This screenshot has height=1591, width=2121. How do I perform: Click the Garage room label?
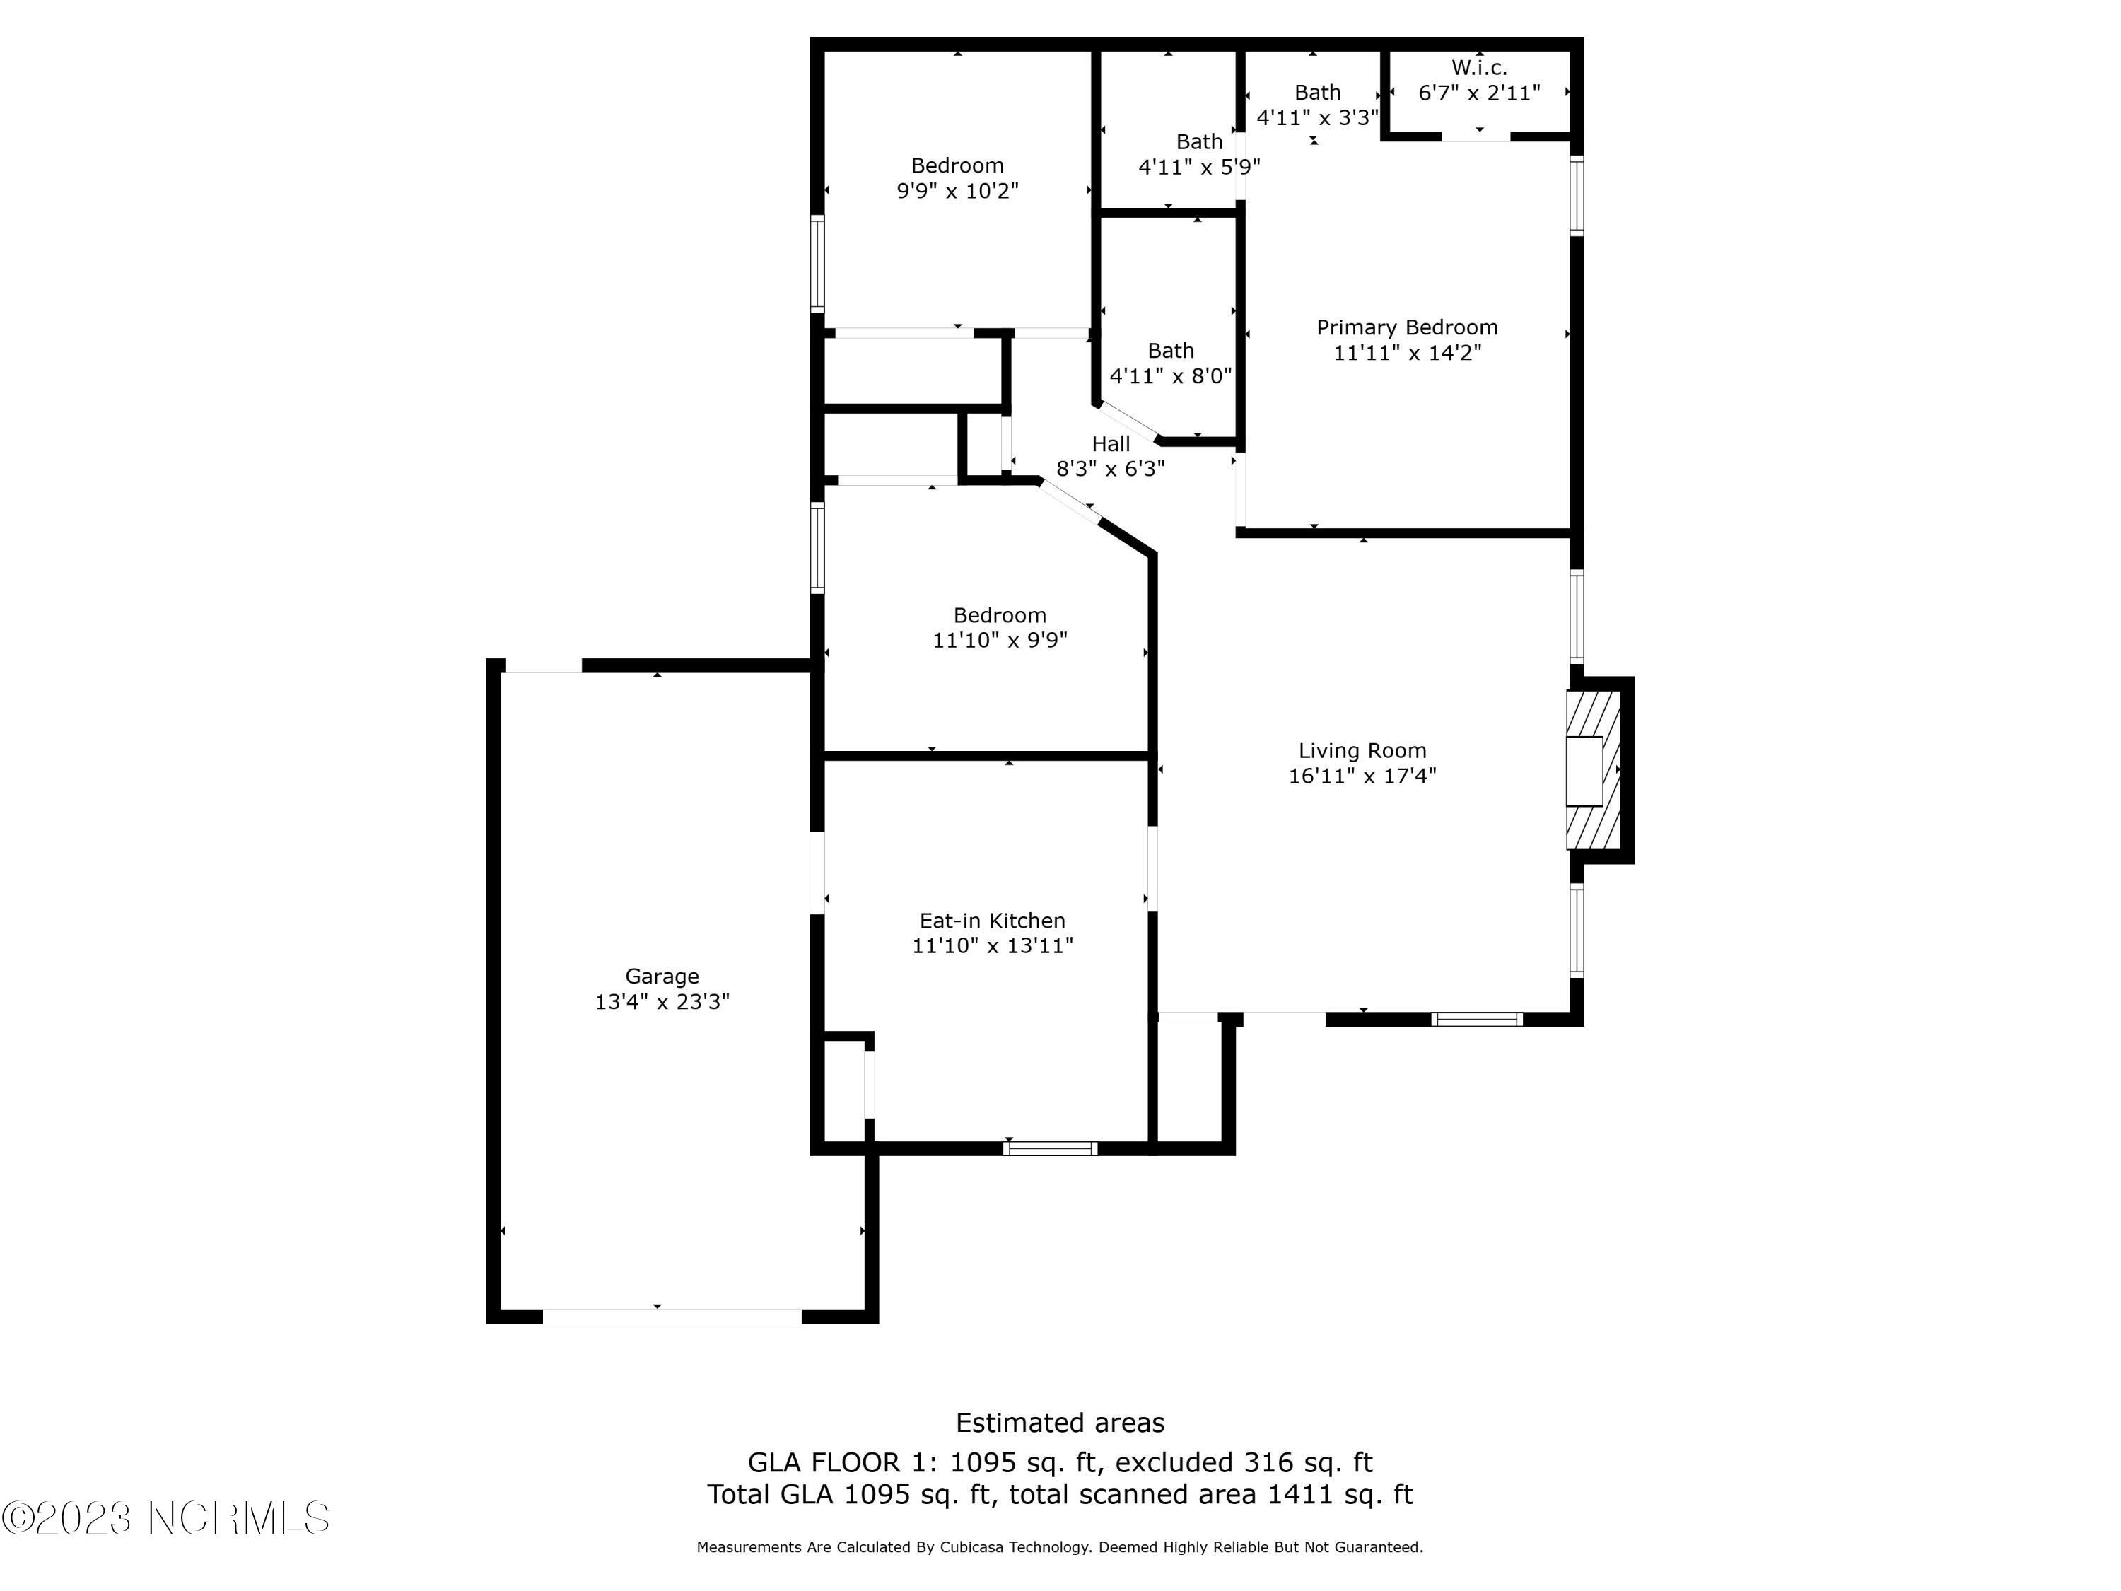pyautogui.click(x=662, y=977)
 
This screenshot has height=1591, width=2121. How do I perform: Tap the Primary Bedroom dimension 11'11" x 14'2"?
pyautogui.click(x=1407, y=353)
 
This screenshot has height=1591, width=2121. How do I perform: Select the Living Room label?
pyautogui.click(x=1362, y=751)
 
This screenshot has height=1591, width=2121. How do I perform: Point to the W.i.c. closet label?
pyautogui.click(x=1478, y=68)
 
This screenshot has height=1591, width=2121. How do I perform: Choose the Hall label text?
pyautogui.click(x=1111, y=444)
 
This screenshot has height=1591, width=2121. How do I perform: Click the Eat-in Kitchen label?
pyautogui.click(x=991, y=921)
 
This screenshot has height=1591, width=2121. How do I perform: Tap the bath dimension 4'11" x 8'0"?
pyautogui.click(x=1170, y=376)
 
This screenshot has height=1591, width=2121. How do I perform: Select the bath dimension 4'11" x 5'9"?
pyautogui.click(x=1198, y=167)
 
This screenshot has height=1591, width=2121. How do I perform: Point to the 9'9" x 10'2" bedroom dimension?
pyautogui.click(x=957, y=191)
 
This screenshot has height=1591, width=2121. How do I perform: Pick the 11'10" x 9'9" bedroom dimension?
pyautogui.click(x=999, y=640)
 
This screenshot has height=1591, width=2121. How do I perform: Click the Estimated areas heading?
pyautogui.click(x=1060, y=1422)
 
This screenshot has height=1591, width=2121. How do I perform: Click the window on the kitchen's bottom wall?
pyautogui.click(x=1050, y=1148)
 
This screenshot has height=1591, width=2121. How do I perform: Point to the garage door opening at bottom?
pyautogui.click(x=671, y=1316)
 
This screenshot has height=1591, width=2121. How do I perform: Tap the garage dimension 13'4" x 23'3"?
pyautogui.click(x=662, y=1002)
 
